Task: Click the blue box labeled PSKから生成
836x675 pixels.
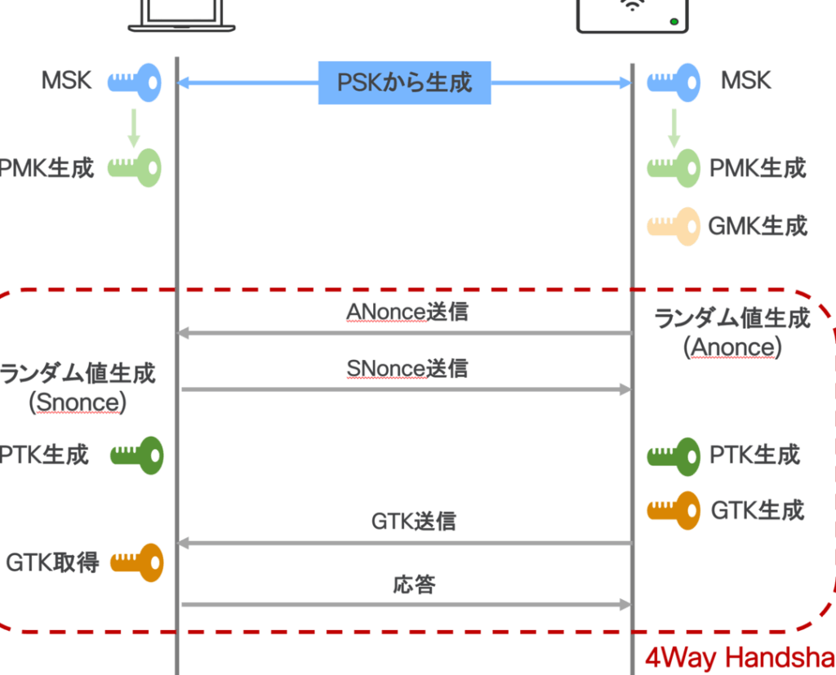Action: click(404, 82)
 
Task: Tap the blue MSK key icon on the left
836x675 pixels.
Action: click(136, 82)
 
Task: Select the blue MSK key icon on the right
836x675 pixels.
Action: click(674, 82)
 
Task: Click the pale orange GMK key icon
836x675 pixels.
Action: click(674, 225)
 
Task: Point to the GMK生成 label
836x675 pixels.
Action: click(758, 225)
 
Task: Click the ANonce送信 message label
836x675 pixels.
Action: click(407, 312)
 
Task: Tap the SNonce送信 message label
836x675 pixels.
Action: click(407, 369)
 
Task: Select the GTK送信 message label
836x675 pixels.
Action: click(413, 521)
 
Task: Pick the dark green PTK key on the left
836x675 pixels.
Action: click(137, 455)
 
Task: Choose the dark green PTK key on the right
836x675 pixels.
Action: click(674, 455)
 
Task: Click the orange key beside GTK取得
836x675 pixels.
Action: click(137, 562)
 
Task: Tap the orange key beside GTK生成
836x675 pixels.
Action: click(674, 510)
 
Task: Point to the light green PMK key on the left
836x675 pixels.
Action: click(136, 168)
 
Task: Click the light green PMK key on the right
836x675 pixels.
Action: click(674, 168)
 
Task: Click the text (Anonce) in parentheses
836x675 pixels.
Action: click(732, 347)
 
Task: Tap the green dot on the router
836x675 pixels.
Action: click(674, 21)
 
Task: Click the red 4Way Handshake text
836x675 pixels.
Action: click(740, 658)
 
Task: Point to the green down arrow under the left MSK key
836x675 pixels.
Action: click(132, 127)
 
